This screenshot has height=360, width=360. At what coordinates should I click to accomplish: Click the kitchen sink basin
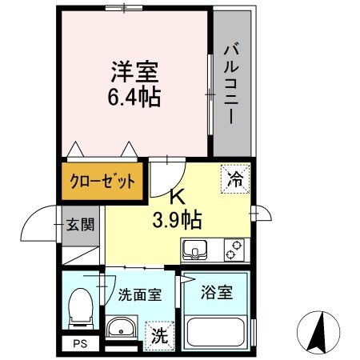point(194,252)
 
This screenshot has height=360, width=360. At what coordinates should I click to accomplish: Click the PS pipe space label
point(78,344)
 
